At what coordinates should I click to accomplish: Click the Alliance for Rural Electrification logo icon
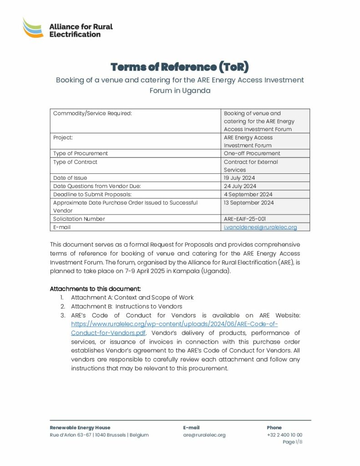(33, 28)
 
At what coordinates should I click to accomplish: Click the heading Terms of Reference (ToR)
(180, 67)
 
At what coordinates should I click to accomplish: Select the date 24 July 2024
(240, 186)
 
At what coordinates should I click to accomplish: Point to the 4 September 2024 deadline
(248, 194)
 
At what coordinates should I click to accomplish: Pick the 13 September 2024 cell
(249, 203)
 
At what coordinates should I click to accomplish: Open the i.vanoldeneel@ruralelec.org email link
(260, 227)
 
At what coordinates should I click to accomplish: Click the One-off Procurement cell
(252, 153)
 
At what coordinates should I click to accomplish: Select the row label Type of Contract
(75, 162)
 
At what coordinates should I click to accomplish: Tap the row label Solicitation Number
(79, 219)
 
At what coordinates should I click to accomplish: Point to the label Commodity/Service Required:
(92, 113)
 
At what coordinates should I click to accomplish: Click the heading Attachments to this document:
(95, 289)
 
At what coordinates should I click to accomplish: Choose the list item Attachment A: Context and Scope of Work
(132, 298)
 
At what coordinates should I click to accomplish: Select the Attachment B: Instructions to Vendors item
(127, 306)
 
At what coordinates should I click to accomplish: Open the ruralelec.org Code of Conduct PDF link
(174, 328)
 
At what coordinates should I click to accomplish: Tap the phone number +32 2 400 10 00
(284, 435)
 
